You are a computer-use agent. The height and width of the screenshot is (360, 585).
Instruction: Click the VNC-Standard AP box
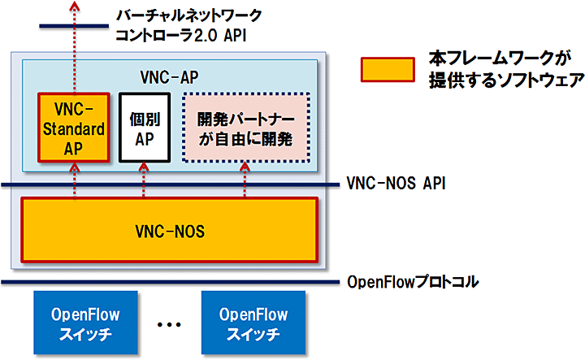73,128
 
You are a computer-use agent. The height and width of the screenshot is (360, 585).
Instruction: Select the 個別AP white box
144,128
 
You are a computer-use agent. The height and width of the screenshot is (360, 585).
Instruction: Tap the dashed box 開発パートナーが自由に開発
245,128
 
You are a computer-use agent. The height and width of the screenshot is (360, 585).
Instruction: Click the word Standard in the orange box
73,128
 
